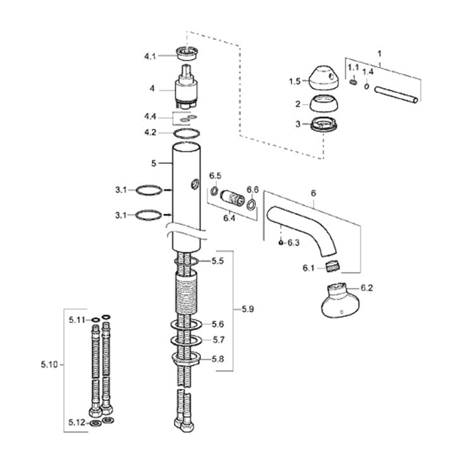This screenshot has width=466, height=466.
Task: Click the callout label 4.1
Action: pos(150,56)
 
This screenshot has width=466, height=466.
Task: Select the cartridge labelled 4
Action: pos(187,88)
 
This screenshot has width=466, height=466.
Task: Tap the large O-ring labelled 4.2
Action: pos(187,134)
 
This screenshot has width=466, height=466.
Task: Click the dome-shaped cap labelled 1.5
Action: pos(323,77)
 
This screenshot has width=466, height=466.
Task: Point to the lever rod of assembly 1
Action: pos(396,94)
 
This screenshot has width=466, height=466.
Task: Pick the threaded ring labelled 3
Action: pos(324,124)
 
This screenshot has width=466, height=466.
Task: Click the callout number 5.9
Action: pos(248,309)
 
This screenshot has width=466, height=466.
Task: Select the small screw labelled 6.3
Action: pos(280,243)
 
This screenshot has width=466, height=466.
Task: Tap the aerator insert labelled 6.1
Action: pos(333,266)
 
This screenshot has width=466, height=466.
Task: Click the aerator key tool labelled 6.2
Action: pos(340,301)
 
